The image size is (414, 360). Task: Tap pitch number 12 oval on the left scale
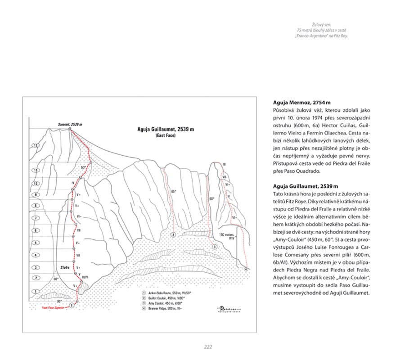(34, 146)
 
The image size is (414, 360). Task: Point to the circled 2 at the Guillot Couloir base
(173, 234)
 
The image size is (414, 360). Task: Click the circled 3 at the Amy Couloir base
(215, 247)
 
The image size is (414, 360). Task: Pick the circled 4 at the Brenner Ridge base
(247, 269)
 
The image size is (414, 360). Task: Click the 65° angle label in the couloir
(174, 192)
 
